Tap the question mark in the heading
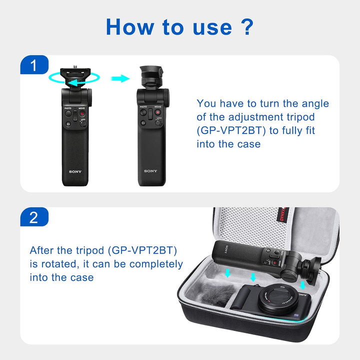(246, 26)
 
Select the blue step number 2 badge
(33, 217)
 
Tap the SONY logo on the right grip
(150, 171)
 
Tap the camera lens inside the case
(276, 299)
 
